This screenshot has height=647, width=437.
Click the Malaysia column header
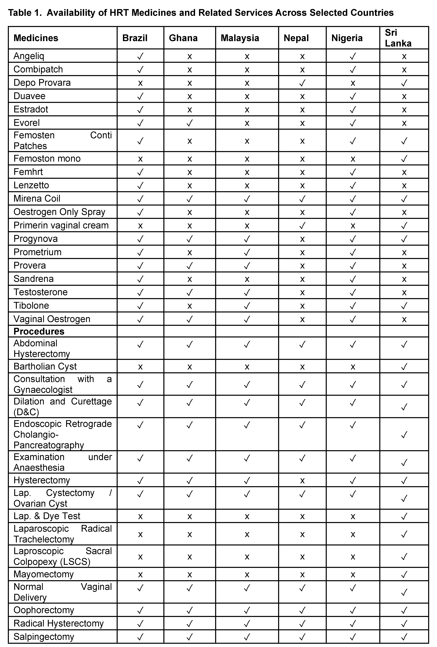[240, 38]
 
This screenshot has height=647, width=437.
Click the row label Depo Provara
[42, 83]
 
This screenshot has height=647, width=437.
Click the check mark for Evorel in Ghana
[190, 123]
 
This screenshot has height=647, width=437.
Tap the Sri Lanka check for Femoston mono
[404, 159]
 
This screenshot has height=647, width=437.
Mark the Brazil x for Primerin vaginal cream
[140, 225]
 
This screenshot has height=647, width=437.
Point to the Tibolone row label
[31, 305]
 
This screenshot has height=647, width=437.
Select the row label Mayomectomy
[43, 574]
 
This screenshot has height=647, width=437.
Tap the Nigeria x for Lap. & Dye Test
[353, 516]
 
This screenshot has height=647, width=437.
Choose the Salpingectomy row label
[44, 637]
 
